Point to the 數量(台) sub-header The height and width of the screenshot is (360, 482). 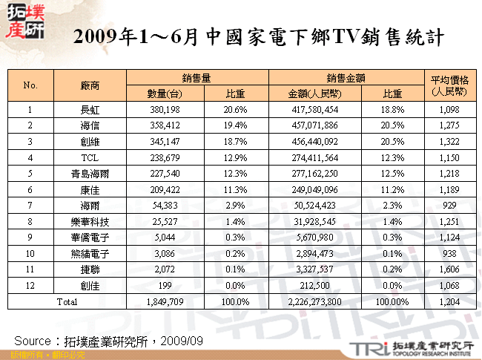166,94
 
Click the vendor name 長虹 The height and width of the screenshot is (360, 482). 90,110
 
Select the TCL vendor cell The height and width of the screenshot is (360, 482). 90,158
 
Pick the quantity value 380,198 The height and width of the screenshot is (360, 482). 166,110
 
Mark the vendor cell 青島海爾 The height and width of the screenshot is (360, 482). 90,174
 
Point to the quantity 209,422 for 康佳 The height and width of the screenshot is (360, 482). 166,191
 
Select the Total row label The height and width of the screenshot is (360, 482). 67,303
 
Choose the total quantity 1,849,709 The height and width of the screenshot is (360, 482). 166,303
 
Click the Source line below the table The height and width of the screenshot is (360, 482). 108,340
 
